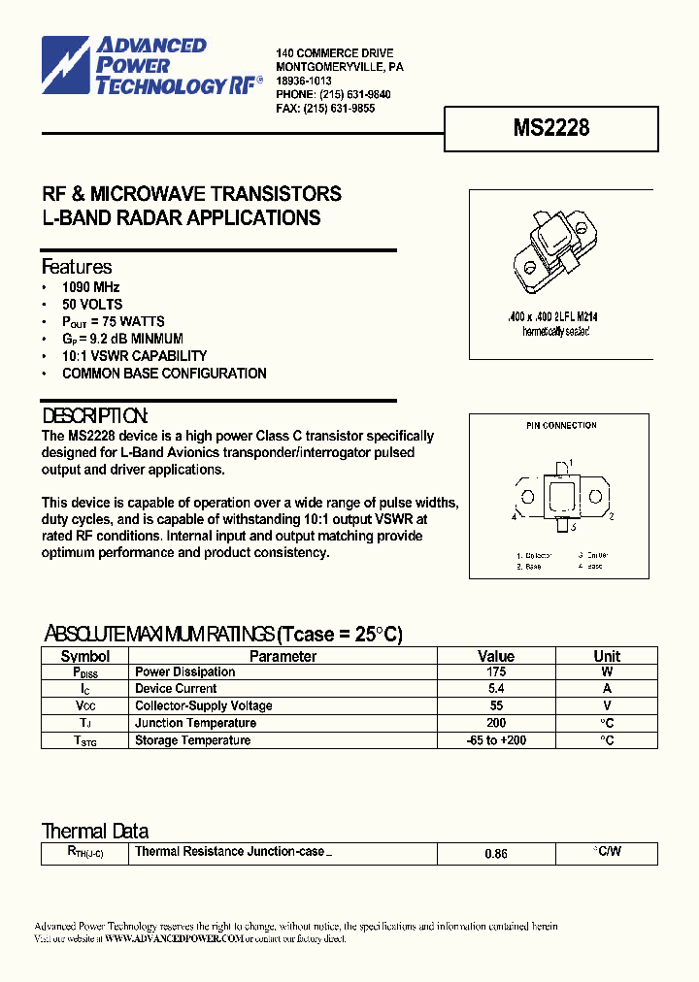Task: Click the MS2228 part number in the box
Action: click(x=550, y=127)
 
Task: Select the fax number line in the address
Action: click(x=325, y=109)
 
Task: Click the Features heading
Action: click(x=77, y=267)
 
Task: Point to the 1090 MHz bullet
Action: click(x=91, y=287)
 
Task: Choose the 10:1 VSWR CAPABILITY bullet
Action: click(x=134, y=356)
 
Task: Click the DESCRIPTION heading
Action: click(x=95, y=415)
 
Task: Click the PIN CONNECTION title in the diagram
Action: click(x=561, y=425)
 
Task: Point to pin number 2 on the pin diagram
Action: click(x=611, y=517)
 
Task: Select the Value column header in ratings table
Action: click(x=496, y=656)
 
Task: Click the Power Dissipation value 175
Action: click(x=496, y=671)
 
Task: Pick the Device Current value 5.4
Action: click(x=496, y=689)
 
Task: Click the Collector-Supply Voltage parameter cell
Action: click(x=203, y=706)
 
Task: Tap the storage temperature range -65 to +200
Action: click(x=496, y=740)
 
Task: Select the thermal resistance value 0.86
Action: click(x=496, y=854)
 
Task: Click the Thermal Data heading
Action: click(x=95, y=831)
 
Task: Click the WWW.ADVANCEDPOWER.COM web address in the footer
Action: click(x=173, y=938)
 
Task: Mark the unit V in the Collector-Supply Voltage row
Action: click(x=607, y=706)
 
